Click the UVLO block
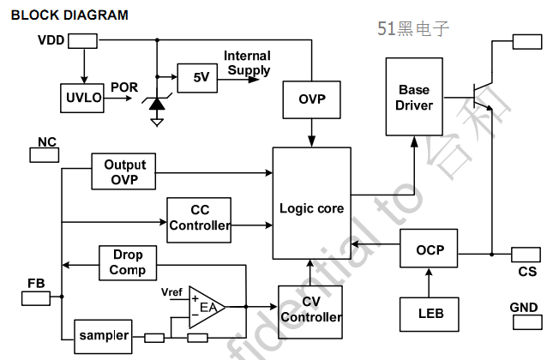82,99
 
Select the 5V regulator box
201,77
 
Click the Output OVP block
125,172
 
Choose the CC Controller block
200,217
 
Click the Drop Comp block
127,262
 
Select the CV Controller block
311,309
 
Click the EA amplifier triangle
206,307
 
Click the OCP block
430,250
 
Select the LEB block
430,313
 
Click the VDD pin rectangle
82,40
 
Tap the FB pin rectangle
35,297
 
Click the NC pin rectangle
45,155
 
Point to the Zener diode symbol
157,104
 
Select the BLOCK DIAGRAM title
69,15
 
